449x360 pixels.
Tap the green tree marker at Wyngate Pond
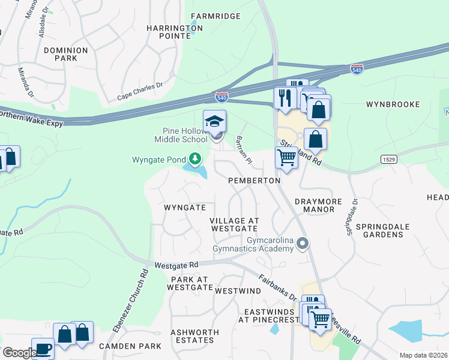point(194,159)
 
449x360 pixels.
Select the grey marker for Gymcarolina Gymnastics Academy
point(303,244)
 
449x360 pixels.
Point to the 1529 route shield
point(388,158)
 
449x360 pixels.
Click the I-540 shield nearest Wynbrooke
point(357,69)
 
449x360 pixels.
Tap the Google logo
point(19,353)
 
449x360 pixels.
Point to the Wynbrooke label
point(393,104)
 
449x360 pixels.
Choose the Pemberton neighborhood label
point(255,181)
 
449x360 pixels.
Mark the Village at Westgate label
point(234,225)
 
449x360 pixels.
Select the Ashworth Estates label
point(192,336)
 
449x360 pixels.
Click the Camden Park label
point(130,346)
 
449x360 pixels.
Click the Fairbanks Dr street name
point(277,288)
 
